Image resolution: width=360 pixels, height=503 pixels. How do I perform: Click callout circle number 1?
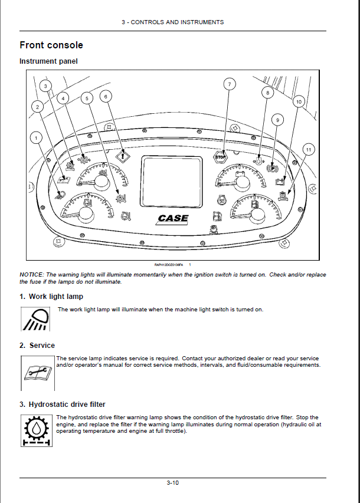click(37, 138)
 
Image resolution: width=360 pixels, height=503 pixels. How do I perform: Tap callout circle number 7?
click(229, 84)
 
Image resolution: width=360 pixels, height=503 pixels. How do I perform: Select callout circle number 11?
click(307, 150)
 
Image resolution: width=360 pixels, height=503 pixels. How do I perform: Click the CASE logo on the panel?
click(174, 218)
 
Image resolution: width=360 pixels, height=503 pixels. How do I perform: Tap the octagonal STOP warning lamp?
click(220, 157)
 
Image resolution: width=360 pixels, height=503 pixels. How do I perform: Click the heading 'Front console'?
click(51, 45)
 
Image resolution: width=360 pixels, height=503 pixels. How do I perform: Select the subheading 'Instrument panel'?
click(48, 61)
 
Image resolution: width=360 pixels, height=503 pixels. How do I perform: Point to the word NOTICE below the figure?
click(31, 275)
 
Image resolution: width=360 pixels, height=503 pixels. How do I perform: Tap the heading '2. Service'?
click(37, 346)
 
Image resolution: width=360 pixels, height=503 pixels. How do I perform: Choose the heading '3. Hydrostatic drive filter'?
click(63, 405)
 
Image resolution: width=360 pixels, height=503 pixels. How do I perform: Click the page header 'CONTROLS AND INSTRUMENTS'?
click(177, 22)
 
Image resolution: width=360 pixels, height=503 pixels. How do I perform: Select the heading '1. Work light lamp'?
click(51, 297)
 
